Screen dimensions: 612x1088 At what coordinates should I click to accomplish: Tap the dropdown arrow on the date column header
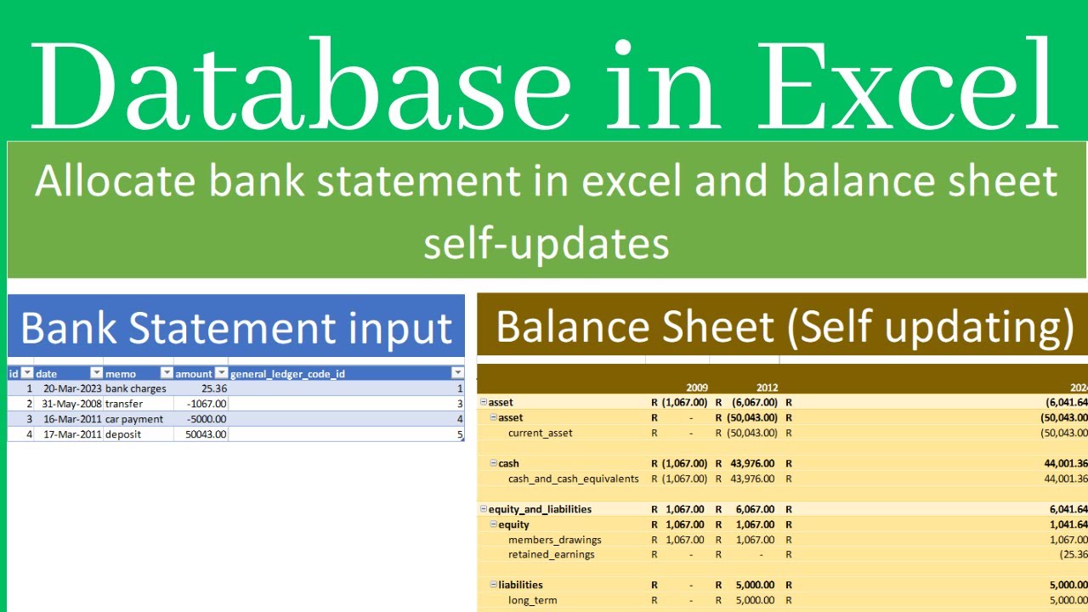[96, 373]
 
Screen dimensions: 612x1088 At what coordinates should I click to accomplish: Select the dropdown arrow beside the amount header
[221, 373]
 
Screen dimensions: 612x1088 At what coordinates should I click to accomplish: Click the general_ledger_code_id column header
[287, 373]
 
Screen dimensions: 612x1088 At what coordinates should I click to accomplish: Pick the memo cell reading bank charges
[135, 388]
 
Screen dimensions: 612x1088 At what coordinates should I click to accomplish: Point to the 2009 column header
[696, 388]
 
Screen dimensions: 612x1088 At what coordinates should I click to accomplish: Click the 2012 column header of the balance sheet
[767, 388]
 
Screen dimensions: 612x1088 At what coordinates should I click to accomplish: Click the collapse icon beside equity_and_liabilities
[484, 509]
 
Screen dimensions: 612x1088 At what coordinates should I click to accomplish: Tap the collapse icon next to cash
[493, 463]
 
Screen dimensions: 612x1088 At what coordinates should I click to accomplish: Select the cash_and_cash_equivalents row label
[573, 479]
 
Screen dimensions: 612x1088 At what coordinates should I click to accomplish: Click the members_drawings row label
[554, 540]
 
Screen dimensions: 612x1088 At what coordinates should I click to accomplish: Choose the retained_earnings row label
[551, 554]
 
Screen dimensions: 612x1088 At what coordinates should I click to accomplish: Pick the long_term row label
[532, 600]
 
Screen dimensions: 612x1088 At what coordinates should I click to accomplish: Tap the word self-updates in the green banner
[546, 245]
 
